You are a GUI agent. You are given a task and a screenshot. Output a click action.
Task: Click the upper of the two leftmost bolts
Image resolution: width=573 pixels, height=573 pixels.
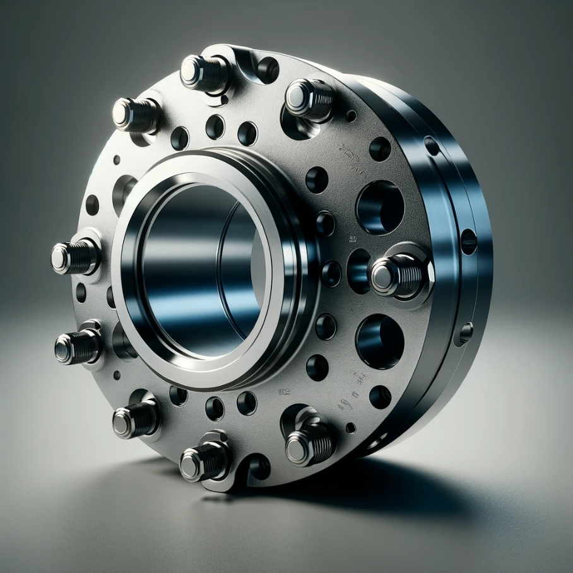pyautogui.click(x=74, y=256)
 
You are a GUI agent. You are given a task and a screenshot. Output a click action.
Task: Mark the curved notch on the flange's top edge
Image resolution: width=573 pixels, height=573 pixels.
pyautogui.click(x=266, y=68)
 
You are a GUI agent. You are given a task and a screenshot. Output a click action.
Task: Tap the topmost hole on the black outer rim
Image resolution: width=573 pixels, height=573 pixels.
pyautogui.click(x=432, y=146)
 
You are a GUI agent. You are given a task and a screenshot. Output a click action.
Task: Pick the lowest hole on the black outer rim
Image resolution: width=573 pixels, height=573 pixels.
pyautogui.click(x=466, y=331)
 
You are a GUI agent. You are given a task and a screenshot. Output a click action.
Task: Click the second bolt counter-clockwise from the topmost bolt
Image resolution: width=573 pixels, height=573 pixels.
pyautogui.click(x=134, y=114)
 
